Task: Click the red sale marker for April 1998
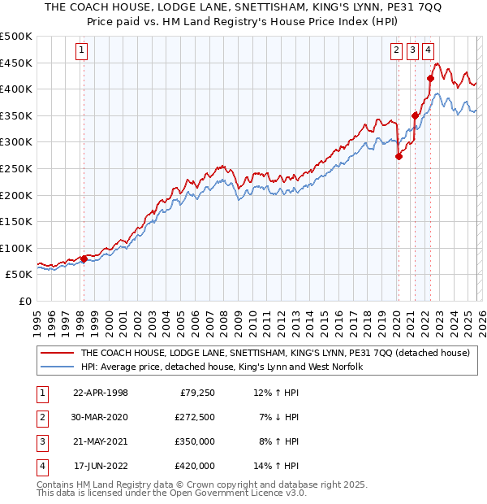tap(84, 259)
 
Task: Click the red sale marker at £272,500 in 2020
tap(399, 157)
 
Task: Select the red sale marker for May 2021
tap(415, 115)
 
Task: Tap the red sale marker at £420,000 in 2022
tap(430, 78)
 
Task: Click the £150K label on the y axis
tap(17, 221)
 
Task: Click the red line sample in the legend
tap(56, 353)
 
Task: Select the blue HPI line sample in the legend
tap(56, 367)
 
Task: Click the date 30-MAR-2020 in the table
tap(101, 417)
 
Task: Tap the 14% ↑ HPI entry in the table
tap(276, 466)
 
